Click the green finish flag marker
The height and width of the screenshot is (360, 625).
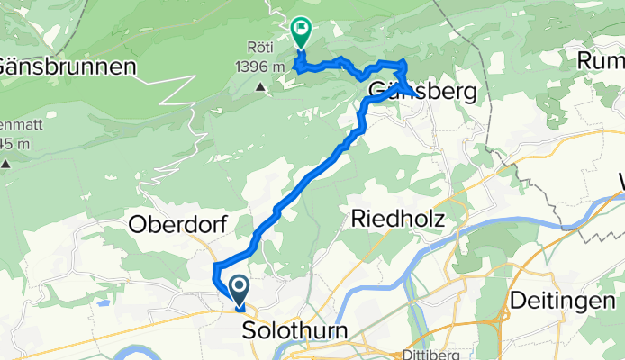(299, 32)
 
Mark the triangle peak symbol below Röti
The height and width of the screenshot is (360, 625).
(260, 87)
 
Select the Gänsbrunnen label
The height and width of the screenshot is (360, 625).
(68, 67)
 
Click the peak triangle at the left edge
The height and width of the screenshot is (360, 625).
(5, 164)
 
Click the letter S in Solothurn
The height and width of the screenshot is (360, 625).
(249, 330)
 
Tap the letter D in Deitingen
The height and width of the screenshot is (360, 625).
(518, 299)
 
